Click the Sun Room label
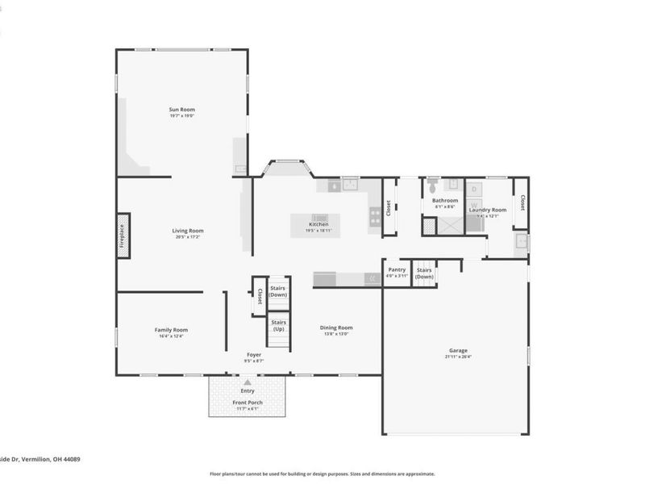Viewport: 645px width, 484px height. tap(181, 110)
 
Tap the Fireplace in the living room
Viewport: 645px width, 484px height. tap(123, 236)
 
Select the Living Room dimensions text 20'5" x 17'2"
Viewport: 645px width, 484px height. tap(188, 237)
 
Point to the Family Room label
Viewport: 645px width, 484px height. tap(171, 329)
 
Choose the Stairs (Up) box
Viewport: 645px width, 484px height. tap(278, 326)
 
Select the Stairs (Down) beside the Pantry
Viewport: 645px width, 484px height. tap(424, 273)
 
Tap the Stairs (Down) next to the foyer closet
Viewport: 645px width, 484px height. tap(278, 290)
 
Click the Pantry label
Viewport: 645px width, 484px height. tap(397, 270)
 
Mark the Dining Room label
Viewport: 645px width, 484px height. tap(336, 328)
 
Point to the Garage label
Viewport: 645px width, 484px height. tap(458, 351)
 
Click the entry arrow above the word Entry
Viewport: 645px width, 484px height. tap(248, 382)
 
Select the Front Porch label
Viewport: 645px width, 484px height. tap(248, 402)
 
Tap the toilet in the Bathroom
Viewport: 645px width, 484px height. tap(431, 184)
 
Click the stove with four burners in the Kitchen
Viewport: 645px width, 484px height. tap(375, 215)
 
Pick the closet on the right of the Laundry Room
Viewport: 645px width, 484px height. tap(522, 202)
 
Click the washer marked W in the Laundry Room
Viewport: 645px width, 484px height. tap(474, 206)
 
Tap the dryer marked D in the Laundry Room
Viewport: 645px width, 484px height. tap(474, 189)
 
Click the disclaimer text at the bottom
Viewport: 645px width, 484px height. tap(322, 474)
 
